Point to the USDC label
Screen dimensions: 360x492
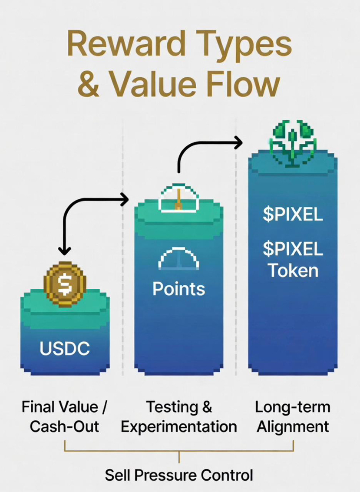point(65,348)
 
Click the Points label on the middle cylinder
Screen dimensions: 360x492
point(178,289)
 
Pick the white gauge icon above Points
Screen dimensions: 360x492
point(178,259)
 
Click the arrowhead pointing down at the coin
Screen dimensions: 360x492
point(65,251)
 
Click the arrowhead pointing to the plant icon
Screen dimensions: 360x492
point(238,142)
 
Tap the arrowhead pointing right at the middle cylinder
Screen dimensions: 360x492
point(125,200)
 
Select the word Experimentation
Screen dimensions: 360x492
point(178,426)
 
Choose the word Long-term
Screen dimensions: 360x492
point(292,407)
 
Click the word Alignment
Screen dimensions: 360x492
point(292,426)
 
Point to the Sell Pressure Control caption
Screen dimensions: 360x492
point(178,475)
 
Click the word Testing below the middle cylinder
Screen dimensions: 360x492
point(167,407)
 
